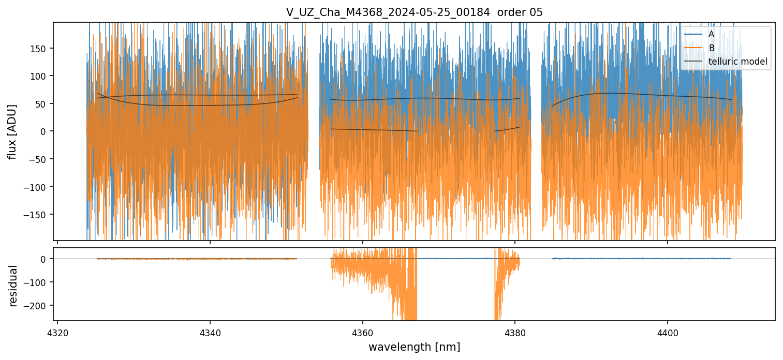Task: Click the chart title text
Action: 414,12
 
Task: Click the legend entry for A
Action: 711,34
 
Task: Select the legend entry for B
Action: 711,48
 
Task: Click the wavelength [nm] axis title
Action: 414,347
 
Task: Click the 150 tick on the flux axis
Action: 40,49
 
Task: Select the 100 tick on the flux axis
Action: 40,76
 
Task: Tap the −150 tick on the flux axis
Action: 37,215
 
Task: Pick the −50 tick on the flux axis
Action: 39,159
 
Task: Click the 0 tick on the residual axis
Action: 45,259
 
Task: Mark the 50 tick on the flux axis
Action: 42,104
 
